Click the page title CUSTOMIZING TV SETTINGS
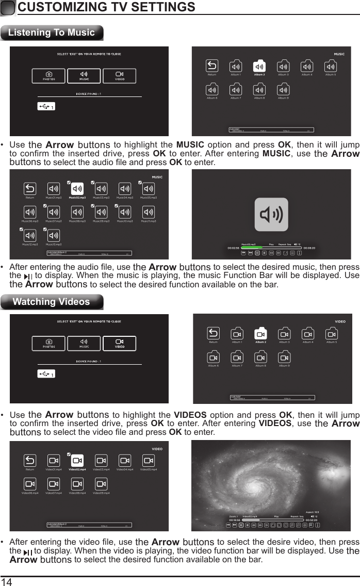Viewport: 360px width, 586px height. point(106,7)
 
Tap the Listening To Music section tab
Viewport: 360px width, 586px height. point(52,32)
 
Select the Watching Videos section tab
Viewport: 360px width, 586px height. point(52,302)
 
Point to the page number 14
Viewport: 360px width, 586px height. point(6,582)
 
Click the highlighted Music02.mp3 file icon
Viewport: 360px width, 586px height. point(77,189)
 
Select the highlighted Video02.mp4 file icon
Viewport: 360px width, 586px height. point(77,461)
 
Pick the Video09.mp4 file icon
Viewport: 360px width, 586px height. point(101,484)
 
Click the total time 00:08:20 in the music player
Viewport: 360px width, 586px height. point(309,248)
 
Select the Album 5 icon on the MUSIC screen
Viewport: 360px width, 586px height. point(331,67)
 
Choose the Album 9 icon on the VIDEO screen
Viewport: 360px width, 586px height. point(284,357)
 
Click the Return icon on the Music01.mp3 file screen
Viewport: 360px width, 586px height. point(30,189)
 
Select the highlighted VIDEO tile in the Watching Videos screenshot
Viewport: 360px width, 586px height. point(119,343)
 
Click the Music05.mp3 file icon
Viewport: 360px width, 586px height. point(149,189)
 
